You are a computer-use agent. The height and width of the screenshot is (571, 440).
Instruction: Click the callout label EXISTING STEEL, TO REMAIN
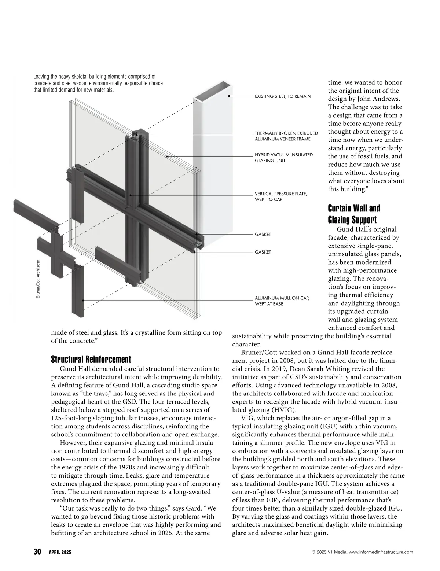tap(283, 96)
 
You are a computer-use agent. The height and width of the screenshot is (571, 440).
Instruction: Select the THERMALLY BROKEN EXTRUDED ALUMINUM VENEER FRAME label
tap(286, 136)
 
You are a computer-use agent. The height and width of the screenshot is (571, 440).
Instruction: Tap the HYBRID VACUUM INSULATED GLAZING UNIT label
tap(284, 158)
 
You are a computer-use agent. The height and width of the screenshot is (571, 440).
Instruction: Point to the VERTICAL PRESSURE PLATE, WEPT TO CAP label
tap(281, 196)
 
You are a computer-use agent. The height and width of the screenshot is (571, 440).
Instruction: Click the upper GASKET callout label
tap(263, 235)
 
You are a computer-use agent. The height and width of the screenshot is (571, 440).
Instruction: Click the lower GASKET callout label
tap(263, 252)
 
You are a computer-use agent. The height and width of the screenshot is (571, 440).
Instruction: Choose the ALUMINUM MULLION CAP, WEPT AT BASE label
tap(282, 301)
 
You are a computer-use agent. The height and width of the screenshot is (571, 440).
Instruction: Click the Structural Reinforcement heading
tap(91, 359)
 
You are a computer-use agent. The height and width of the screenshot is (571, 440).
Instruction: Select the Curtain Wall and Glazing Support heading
tap(353, 214)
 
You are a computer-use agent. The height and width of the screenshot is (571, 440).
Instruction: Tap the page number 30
tap(37, 552)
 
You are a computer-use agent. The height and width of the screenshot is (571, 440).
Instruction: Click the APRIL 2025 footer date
tap(60, 552)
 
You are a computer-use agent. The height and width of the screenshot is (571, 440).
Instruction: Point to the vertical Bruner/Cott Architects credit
tap(38, 279)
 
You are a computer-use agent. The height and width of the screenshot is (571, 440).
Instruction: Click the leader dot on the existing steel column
tap(229, 96)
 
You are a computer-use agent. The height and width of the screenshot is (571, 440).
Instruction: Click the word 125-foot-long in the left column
tap(71, 418)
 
